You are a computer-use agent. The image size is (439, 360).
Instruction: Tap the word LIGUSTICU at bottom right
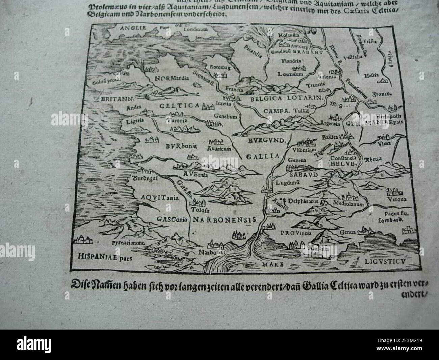pos(386,262)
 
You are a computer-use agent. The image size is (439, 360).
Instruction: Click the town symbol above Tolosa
pos(199,203)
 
